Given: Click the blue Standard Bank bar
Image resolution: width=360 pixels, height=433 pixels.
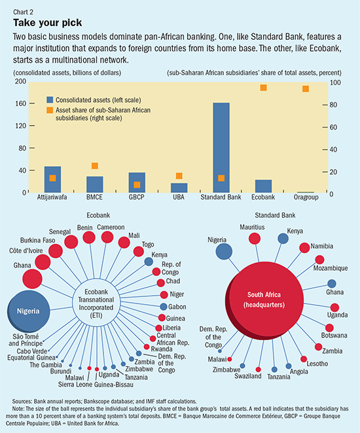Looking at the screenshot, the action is coord(221,147).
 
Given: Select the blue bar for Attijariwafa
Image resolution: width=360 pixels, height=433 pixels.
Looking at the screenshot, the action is coord(52,179).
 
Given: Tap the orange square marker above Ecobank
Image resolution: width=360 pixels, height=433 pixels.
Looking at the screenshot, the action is coord(263,88).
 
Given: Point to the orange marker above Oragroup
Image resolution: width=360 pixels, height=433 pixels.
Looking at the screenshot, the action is coord(305,89).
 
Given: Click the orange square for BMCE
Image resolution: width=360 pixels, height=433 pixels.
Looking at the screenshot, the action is coord(95,165).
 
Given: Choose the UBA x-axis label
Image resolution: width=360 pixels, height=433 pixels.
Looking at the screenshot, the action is coord(179,197).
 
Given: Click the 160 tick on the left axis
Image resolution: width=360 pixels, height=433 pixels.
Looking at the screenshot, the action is coord(20,103).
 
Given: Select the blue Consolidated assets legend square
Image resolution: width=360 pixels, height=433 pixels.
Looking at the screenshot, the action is coord(50,99).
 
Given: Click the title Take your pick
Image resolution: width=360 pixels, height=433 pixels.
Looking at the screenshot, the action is coord(48,23).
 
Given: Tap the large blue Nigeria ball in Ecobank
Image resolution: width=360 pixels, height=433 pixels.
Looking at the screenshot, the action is coord(28,311).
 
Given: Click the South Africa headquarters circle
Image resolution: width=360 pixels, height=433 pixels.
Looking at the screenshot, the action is coord(264,300).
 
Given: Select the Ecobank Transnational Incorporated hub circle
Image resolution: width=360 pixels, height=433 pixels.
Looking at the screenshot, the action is coord(96,303).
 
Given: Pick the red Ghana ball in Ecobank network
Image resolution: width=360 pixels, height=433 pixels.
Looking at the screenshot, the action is coord(32,279).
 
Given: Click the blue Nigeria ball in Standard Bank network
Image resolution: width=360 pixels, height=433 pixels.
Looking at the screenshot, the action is coord(224,252).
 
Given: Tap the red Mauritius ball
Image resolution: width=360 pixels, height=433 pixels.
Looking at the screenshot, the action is coord(255,238).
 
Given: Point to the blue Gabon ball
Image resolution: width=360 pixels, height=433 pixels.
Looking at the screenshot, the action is coord(164,307).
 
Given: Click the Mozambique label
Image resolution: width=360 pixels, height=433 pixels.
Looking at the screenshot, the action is coord(331,268).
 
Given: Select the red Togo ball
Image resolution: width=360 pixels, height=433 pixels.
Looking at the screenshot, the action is coord(138,252).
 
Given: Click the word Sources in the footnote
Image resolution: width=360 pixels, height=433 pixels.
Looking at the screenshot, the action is coord(22,401).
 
